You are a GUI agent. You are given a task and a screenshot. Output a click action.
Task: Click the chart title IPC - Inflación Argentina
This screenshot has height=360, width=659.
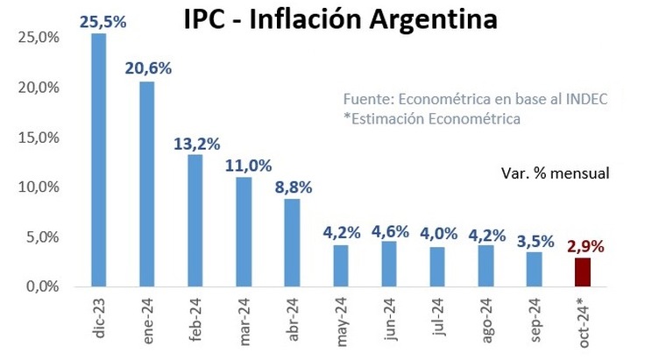pos(339,18)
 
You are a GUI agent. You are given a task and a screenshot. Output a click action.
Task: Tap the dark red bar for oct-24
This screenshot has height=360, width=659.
pos(582,272)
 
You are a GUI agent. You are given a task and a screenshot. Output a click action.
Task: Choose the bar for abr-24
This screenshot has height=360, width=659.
pos(292,243)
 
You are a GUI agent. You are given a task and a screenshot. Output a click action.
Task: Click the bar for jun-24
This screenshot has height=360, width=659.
pos(389,264)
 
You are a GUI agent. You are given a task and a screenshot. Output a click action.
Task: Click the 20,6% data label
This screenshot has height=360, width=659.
pos(147,67)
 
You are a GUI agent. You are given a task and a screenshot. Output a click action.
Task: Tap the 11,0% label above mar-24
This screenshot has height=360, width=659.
pos(244,164)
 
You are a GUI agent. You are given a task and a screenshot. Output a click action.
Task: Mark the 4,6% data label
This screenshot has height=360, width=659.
pos(390,231)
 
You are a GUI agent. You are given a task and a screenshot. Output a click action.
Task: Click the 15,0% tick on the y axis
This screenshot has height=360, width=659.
pos(36,138)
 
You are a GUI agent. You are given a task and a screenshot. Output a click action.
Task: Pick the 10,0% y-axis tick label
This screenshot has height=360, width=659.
pos(36,187)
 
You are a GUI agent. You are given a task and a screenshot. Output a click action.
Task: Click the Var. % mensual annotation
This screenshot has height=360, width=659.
pos(556,173)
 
